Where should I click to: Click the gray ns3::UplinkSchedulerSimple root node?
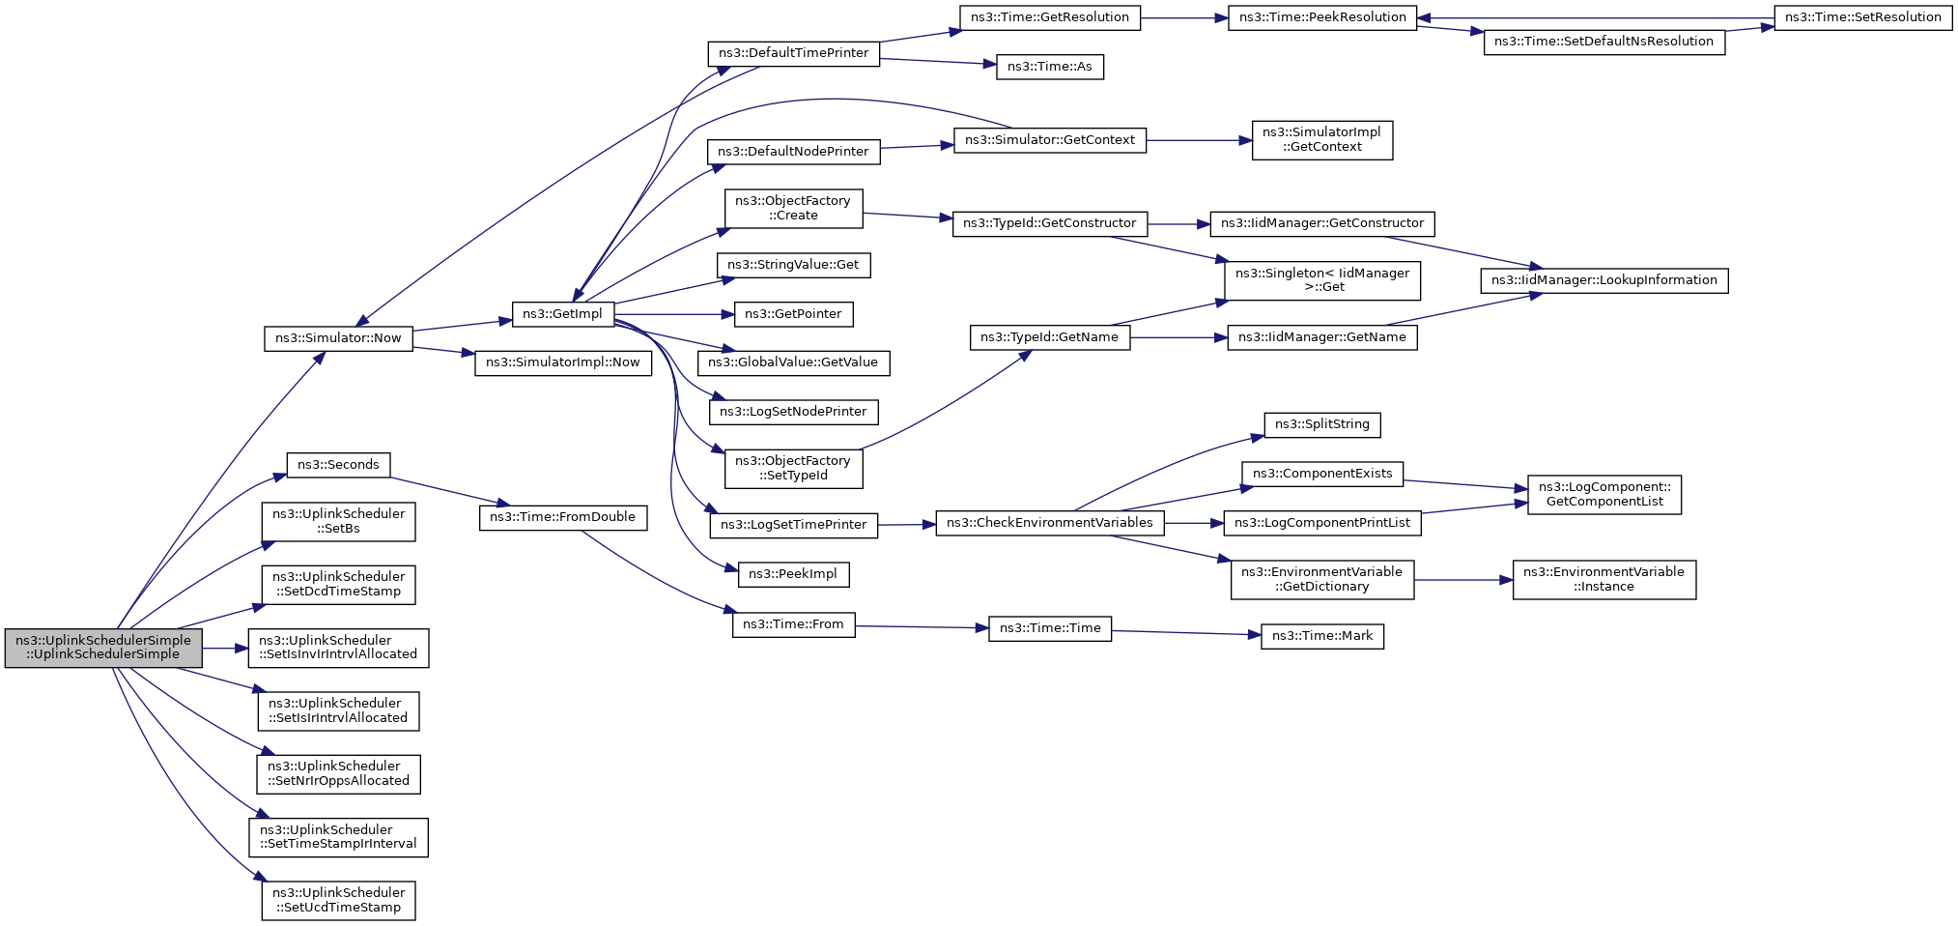coord(103,648)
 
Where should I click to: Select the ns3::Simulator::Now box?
coord(338,338)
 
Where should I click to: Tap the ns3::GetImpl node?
coord(562,314)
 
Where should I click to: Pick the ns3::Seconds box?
coord(338,465)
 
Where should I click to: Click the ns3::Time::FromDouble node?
coord(562,517)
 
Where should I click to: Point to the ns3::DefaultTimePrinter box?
coord(793,53)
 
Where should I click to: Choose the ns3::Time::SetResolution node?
coord(1862,17)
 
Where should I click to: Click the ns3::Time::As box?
coord(1049,67)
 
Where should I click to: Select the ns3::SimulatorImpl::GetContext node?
coord(1321,140)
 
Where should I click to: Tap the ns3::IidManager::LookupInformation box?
coord(1603,280)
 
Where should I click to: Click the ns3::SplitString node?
coord(1321,424)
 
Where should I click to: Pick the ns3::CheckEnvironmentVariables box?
coord(1049,523)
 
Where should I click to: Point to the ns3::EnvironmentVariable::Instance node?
coord(1603,579)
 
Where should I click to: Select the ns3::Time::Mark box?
coord(1321,636)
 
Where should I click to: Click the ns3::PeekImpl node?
coord(793,574)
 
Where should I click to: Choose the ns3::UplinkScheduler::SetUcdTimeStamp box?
coord(338,900)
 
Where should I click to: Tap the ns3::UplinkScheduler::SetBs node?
coord(338,521)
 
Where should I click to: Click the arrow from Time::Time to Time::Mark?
coord(1186,633)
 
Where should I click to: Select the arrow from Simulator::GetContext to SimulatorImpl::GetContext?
coord(1199,140)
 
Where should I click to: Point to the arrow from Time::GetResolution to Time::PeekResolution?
coord(1184,17)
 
